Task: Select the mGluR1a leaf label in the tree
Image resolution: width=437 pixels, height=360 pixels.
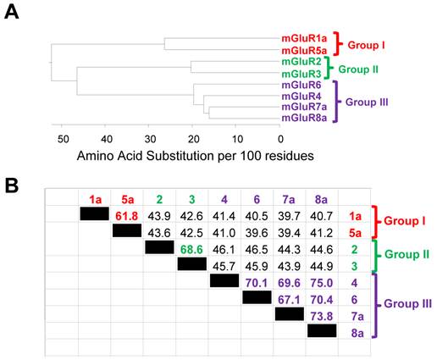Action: click(306, 38)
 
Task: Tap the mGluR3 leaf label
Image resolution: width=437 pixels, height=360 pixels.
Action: click(301, 75)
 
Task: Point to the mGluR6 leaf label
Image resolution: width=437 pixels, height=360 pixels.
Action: click(301, 86)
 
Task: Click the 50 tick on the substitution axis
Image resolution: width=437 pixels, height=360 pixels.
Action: click(62, 139)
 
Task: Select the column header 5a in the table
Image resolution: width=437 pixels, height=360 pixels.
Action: click(127, 201)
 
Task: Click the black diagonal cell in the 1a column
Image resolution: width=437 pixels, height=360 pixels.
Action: click(94, 215)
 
